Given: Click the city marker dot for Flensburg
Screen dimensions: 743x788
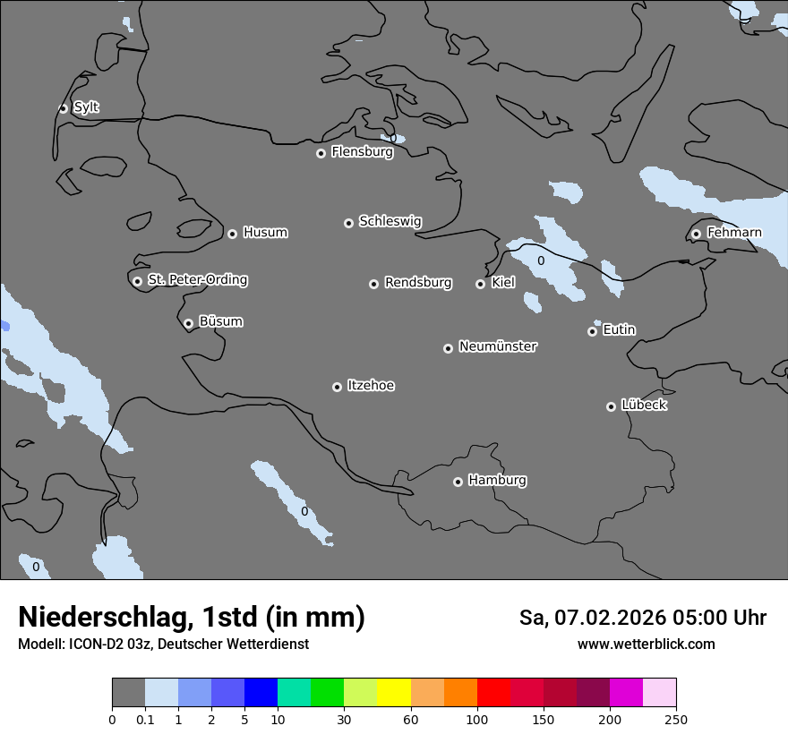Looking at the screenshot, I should tap(321, 153).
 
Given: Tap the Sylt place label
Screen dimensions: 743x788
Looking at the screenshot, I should tap(86, 107).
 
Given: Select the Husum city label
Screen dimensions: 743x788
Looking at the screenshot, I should tap(265, 233).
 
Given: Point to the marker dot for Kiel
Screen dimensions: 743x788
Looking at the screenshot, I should tap(480, 284).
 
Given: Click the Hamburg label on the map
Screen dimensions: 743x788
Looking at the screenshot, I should tap(497, 480).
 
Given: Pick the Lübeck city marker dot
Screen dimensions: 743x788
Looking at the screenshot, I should tap(611, 406).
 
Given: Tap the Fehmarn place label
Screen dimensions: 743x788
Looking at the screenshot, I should tap(734, 233).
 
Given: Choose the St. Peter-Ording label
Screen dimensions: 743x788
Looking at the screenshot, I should tap(197, 280).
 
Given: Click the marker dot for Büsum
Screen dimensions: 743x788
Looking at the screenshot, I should tap(188, 323).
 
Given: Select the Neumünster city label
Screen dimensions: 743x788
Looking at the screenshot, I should tap(498, 346).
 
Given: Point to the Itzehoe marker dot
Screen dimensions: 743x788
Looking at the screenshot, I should tap(337, 387).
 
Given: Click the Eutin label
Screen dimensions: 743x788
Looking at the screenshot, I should tap(619, 330).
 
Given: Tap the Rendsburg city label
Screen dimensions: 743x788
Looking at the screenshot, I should tap(418, 283).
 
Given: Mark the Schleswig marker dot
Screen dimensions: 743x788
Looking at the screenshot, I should tap(348, 223).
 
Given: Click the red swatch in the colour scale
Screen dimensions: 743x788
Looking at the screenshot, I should tap(493, 693).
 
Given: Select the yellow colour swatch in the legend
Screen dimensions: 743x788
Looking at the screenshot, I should tap(393, 693).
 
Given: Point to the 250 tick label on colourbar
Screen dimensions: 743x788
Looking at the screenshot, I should tap(676, 719).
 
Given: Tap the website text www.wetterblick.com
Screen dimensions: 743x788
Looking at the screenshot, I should tap(646, 645).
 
